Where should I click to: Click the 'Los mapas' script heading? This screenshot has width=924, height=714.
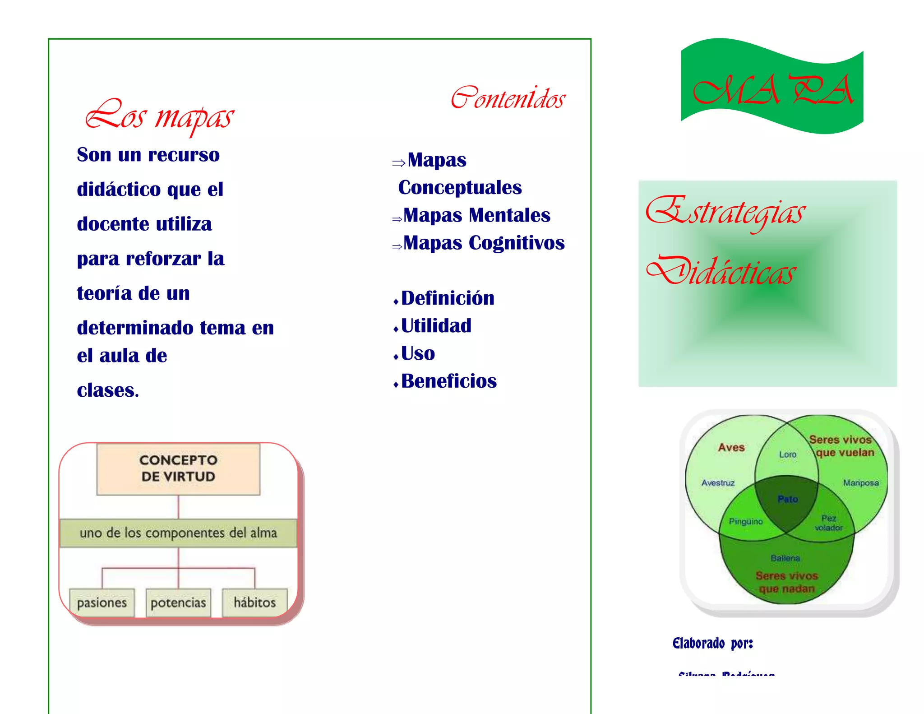pos(160,116)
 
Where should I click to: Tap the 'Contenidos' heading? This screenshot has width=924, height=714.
pos(508,98)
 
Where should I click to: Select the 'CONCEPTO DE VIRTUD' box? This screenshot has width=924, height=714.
pos(178,468)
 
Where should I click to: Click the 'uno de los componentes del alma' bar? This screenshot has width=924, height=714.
pos(178,533)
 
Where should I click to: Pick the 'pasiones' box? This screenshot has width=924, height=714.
pos(102,603)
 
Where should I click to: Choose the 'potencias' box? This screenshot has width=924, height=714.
pos(178,603)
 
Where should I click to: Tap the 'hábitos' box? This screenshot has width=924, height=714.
pos(254,603)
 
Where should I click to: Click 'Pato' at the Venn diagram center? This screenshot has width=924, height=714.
pos(788,499)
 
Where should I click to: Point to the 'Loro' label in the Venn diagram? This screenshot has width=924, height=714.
pos(788,454)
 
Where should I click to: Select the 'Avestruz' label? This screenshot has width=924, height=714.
pos(718,483)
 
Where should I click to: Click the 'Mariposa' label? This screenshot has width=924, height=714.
pos(861,483)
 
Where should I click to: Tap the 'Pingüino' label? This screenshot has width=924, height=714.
pos(746,522)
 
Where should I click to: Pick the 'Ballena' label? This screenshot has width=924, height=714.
pos(785,558)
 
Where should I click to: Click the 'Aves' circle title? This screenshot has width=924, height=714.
pos(731,447)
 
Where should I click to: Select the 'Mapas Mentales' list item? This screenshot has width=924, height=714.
pos(477,215)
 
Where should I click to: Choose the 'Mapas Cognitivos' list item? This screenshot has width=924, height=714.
pos(484,243)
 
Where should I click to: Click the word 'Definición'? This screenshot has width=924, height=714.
pos(448,298)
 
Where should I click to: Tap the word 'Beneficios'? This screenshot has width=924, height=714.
pos(449,381)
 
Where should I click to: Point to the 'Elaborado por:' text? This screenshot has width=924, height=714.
pos(713,643)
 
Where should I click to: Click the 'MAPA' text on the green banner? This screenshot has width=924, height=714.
pos(773,90)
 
